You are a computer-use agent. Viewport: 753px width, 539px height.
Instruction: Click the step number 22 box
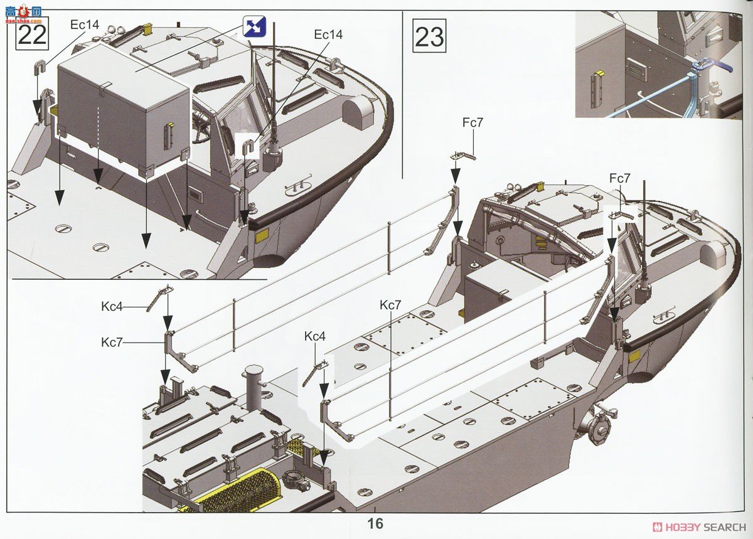click(x=32, y=34)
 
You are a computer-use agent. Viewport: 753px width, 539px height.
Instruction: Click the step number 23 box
click(x=429, y=36)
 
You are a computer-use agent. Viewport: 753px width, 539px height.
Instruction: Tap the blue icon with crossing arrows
click(x=255, y=26)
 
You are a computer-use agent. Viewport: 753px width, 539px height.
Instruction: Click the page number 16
click(x=375, y=523)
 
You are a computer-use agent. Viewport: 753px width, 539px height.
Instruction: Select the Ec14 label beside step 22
click(x=85, y=24)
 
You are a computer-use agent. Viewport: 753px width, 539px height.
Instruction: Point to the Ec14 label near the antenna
click(x=328, y=35)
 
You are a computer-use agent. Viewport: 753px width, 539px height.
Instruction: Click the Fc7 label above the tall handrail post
click(x=473, y=122)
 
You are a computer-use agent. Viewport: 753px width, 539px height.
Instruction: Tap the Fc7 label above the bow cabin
click(x=620, y=178)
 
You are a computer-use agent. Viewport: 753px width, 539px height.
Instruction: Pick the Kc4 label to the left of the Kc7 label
click(x=112, y=306)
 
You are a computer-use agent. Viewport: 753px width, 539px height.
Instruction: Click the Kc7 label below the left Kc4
click(x=112, y=343)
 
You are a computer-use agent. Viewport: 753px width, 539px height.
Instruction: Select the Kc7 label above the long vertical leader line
click(x=390, y=305)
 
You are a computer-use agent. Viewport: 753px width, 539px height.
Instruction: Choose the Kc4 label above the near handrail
click(x=315, y=336)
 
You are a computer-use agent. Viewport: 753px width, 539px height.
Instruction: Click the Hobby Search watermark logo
click(x=699, y=527)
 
